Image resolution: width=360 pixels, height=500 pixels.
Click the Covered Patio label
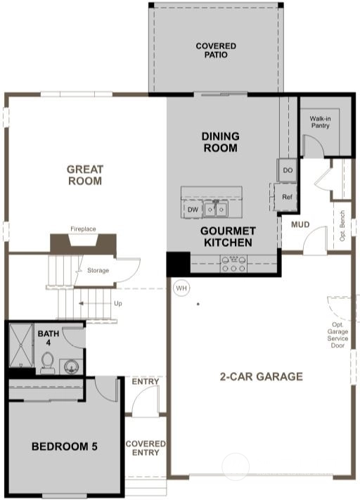[x=216, y=51]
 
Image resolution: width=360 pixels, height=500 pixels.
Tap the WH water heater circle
[x=181, y=288]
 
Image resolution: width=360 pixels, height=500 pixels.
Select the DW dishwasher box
[x=192, y=210]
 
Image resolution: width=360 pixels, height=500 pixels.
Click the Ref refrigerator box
[x=287, y=197]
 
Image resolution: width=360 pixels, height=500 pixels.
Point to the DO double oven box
[x=288, y=170]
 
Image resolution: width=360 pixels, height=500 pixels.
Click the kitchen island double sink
[x=216, y=209]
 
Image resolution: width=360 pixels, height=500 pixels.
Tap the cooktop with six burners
[x=233, y=264]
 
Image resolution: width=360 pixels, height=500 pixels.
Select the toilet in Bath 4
[x=48, y=363]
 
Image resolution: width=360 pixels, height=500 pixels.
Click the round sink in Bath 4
[x=70, y=366]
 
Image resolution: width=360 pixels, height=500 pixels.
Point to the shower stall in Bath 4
[x=21, y=345]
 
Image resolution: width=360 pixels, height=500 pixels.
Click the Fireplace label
[x=83, y=229]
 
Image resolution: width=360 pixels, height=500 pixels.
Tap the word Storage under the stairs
[x=98, y=271]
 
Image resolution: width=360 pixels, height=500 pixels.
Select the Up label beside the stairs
[x=118, y=303]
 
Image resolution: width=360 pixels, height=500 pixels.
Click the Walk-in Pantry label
[x=320, y=122]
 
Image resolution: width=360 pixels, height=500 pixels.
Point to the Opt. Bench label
[x=342, y=226]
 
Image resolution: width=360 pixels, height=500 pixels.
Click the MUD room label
[x=300, y=224]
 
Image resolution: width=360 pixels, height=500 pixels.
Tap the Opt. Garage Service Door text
[x=337, y=335]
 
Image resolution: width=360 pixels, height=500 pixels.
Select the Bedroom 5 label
[x=65, y=447]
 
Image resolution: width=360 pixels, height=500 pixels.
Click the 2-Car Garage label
[x=261, y=377]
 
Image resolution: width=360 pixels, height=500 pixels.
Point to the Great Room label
[x=85, y=175]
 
